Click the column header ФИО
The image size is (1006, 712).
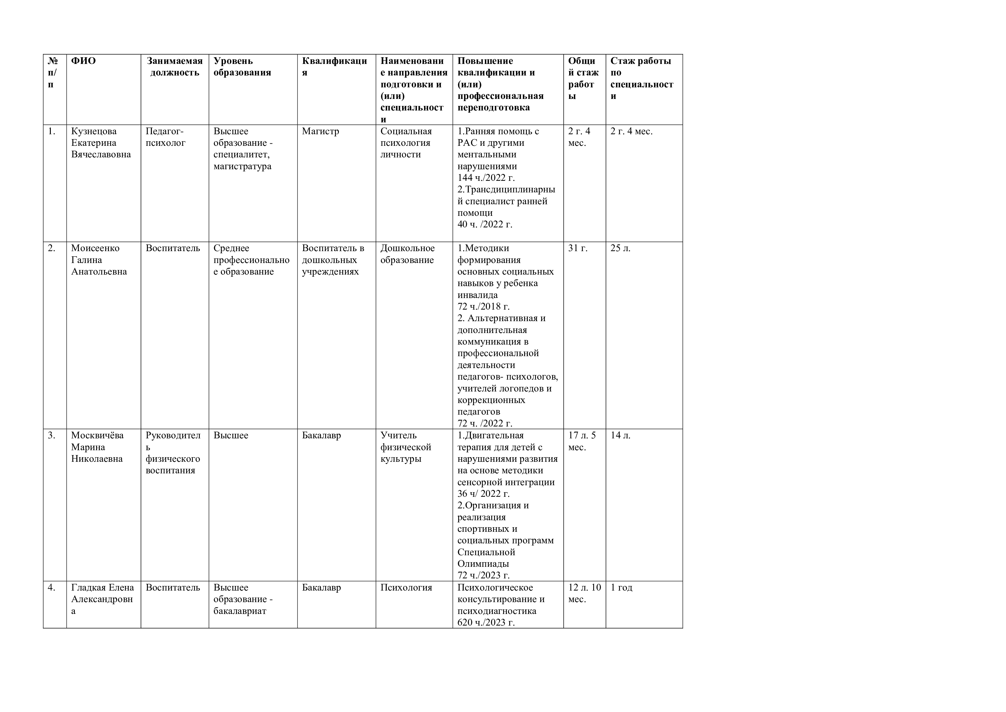tap(83, 61)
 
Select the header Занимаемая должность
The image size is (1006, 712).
tap(174, 67)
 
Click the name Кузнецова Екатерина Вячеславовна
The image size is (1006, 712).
tap(101, 143)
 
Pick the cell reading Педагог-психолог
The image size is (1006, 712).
tap(165, 137)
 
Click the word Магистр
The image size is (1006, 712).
tap(320, 131)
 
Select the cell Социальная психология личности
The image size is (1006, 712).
tap(406, 143)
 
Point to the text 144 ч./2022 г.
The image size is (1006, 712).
tap(486, 177)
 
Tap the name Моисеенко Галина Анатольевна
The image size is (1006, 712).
tap(99, 260)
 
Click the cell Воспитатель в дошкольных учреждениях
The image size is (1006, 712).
tap(333, 260)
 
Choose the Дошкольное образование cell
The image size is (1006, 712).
tap(407, 254)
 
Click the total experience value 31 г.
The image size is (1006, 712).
tap(577, 248)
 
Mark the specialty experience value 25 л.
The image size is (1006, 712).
tap(621, 248)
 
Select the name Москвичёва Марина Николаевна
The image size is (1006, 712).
tap(97, 447)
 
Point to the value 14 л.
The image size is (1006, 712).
tap(621, 435)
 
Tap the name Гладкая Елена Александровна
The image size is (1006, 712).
tap(103, 599)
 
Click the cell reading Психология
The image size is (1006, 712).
tap(406, 587)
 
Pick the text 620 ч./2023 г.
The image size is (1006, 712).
tap(486, 622)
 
